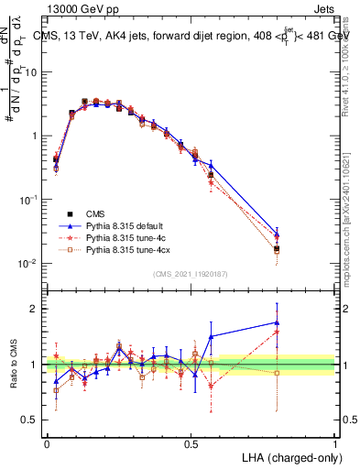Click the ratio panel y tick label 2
(x=33, y=309)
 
